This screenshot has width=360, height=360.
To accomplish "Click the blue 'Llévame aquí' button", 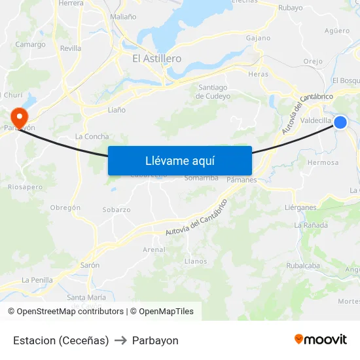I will coord(179,160).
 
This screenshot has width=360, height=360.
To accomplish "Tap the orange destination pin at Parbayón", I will coord(20,117).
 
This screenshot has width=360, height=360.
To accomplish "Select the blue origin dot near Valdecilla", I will coord(340,122).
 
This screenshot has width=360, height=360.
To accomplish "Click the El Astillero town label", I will coord(156,58).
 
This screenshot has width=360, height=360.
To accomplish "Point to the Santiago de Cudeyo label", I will coord(213,92).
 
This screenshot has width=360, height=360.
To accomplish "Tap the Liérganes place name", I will coord(300,207).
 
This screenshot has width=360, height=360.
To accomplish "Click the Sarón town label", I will coord(90,265).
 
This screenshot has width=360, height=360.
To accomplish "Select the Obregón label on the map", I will coord(65,207).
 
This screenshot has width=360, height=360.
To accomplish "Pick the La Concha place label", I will coord(92,136).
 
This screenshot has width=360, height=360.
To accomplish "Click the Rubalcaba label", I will coord(303,266).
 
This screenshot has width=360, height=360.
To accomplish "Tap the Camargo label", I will coord(31,45).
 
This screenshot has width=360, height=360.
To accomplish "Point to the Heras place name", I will coord(259,75).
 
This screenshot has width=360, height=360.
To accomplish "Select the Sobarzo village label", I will coord(117,210).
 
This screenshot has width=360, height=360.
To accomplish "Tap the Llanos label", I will coord(196,261).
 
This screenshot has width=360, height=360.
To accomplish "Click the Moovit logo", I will coord(321,339).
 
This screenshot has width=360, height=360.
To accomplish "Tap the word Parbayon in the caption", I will coord(155,340).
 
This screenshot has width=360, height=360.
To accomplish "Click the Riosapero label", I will coord(26,187).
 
